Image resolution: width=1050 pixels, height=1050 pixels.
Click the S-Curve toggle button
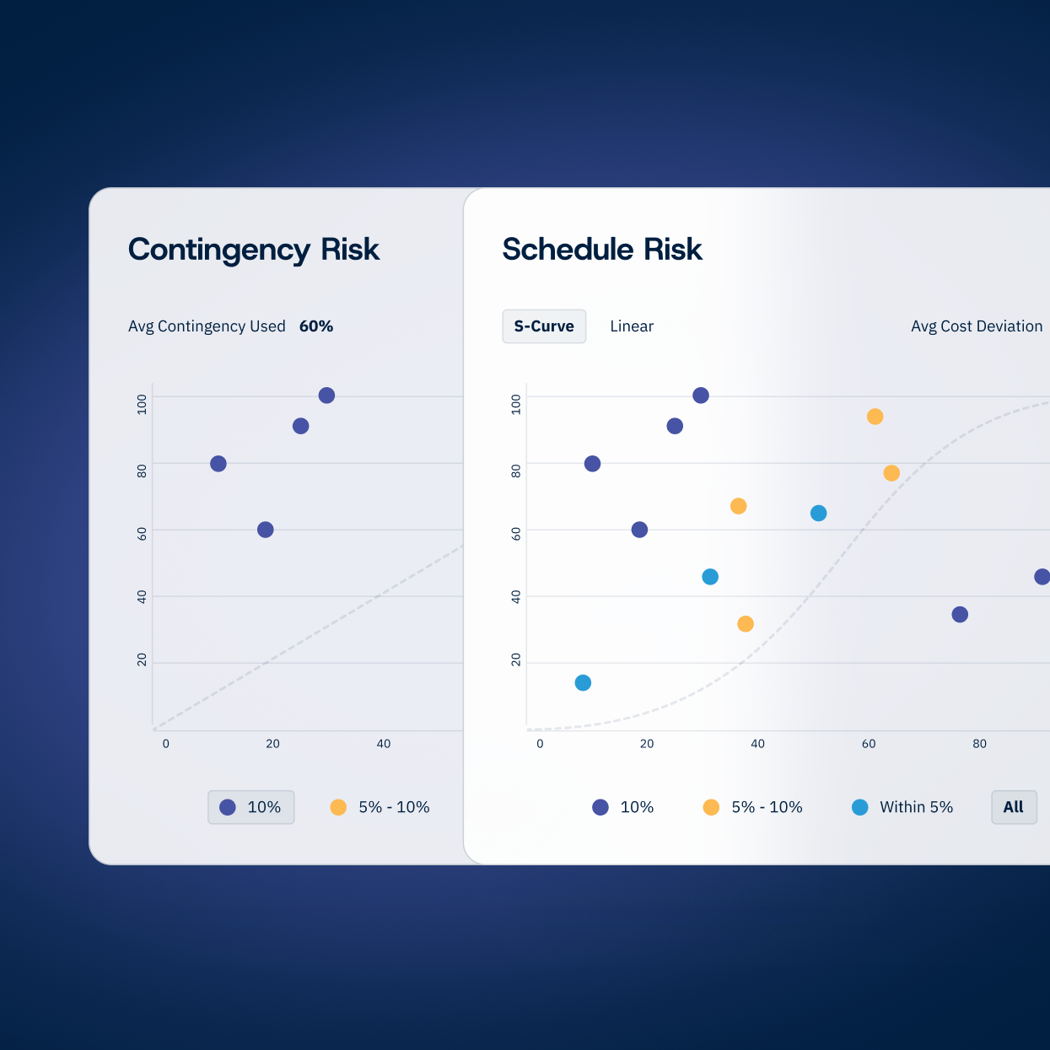pyautogui.click(x=544, y=326)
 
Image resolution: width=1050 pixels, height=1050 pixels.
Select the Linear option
pyautogui.click(x=632, y=326)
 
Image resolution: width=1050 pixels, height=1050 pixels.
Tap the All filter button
pyautogui.click(x=1014, y=807)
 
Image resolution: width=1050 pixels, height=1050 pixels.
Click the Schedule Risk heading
pyautogui.click(x=602, y=250)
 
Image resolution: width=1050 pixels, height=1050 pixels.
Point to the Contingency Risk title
pyautogui.click(x=253, y=250)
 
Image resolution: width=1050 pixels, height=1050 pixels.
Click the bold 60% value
pyautogui.click(x=316, y=326)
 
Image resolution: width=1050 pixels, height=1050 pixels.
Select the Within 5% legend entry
pyautogui.click(x=902, y=807)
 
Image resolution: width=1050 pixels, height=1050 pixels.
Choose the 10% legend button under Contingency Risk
pyautogui.click(x=250, y=807)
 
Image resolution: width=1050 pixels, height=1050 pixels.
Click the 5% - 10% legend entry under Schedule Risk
pyautogui.click(x=752, y=807)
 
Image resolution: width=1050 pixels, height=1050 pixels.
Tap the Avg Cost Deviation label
pyautogui.click(x=977, y=326)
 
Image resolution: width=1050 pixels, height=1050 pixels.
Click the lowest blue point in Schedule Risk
pyautogui.click(x=583, y=683)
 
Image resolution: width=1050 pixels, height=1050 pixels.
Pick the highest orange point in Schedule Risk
pyautogui.click(x=875, y=417)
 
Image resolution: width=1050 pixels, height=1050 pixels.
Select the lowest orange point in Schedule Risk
pyautogui.click(x=746, y=624)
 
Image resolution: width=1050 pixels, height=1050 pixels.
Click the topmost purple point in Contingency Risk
pyautogui.click(x=326, y=396)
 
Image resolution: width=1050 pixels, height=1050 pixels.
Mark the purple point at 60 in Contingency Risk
pyautogui.click(x=266, y=530)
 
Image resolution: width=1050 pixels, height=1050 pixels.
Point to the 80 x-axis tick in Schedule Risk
pyautogui.click(x=980, y=744)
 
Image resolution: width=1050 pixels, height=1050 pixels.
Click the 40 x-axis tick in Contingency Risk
pyautogui.click(x=384, y=744)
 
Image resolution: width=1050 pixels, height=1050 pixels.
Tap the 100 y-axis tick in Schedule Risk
pyautogui.click(x=516, y=404)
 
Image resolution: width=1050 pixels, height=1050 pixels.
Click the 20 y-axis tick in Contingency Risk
pyautogui.click(x=142, y=660)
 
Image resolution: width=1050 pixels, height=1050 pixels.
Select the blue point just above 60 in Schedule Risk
pyautogui.click(x=818, y=514)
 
